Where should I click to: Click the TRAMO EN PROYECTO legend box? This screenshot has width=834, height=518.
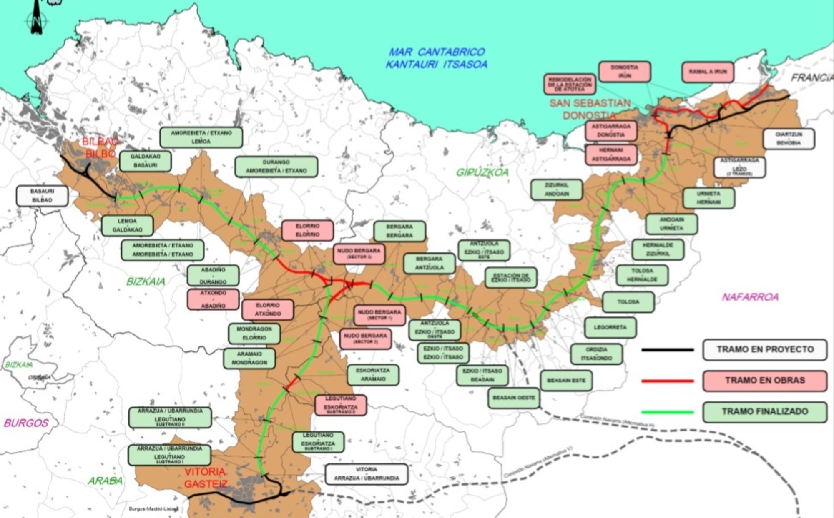tap(765, 350)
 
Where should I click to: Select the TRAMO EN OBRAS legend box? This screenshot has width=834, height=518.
tap(765, 381)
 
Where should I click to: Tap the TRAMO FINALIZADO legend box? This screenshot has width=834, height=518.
tap(765, 412)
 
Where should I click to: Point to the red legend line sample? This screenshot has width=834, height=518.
tap(668, 381)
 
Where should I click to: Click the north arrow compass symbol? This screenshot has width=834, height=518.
tap(37, 19)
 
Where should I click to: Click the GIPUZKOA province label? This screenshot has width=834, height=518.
tap(482, 172)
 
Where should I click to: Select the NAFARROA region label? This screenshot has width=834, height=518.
tap(750, 297)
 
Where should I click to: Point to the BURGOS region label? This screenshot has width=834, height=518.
tap(26, 423)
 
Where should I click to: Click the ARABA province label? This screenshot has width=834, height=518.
tap(105, 481)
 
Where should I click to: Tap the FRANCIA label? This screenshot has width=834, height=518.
tap(811, 78)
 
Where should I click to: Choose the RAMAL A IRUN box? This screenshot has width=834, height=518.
tap(708, 72)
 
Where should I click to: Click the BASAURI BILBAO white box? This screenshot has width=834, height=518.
tap(42, 196)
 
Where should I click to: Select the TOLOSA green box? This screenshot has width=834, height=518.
tap(628, 302)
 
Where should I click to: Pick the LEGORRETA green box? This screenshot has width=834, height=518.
tap(610, 328)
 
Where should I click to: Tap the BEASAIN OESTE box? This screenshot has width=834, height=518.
tap(513, 398)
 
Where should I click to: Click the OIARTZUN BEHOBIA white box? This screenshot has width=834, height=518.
tap(788, 139)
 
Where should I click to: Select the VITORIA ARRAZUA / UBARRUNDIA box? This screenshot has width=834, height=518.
tap(366, 474)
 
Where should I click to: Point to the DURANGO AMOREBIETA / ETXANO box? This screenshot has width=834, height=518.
tap(276, 167)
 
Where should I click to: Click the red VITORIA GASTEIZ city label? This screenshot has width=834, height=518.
tap(206, 478)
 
